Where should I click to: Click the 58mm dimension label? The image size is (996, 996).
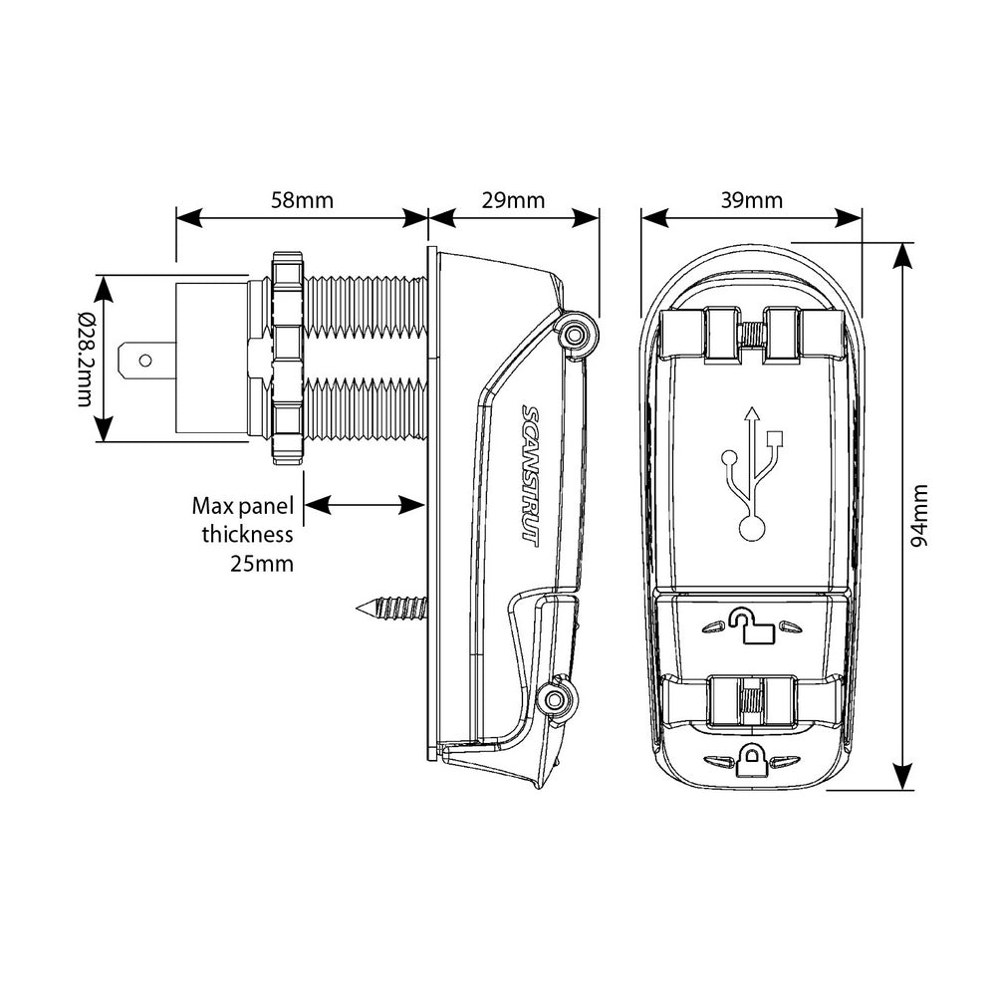[x=302, y=200]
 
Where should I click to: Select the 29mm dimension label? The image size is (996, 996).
[x=514, y=200]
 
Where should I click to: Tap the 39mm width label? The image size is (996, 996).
[x=751, y=200]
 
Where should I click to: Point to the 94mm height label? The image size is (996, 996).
[x=920, y=515]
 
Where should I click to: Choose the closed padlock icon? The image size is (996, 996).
[x=750, y=762]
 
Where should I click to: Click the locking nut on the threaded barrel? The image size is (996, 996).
[x=287, y=359]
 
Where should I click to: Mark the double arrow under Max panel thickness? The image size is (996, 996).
[x=365, y=506]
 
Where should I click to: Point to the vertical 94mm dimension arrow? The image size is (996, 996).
[x=901, y=515]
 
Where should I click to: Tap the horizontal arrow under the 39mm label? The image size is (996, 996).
[x=751, y=217]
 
